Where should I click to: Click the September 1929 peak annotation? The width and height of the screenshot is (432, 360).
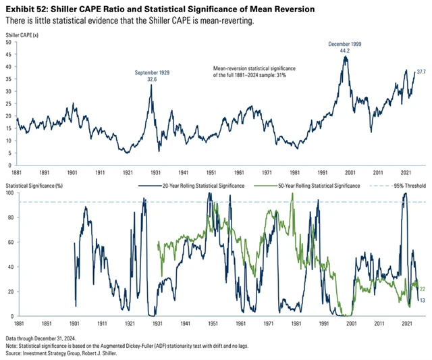pyautogui.click(x=151, y=75)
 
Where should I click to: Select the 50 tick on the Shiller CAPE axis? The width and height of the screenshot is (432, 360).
pyautogui.click(x=8, y=42)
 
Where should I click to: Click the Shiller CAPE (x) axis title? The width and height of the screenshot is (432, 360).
pyautogui.click(x=23, y=33)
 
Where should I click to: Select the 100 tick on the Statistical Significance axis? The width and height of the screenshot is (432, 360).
pyautogui.click(x=7, y=193)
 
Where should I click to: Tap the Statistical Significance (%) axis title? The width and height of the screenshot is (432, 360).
pyautogui.click(x=36, y=184)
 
